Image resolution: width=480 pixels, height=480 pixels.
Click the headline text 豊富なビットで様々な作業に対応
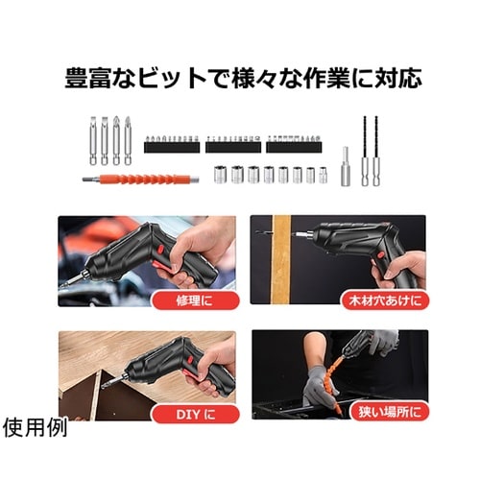(243, 78)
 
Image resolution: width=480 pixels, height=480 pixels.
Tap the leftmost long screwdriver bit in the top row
(93, 139)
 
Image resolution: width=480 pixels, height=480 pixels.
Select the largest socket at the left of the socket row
(220, 175)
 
